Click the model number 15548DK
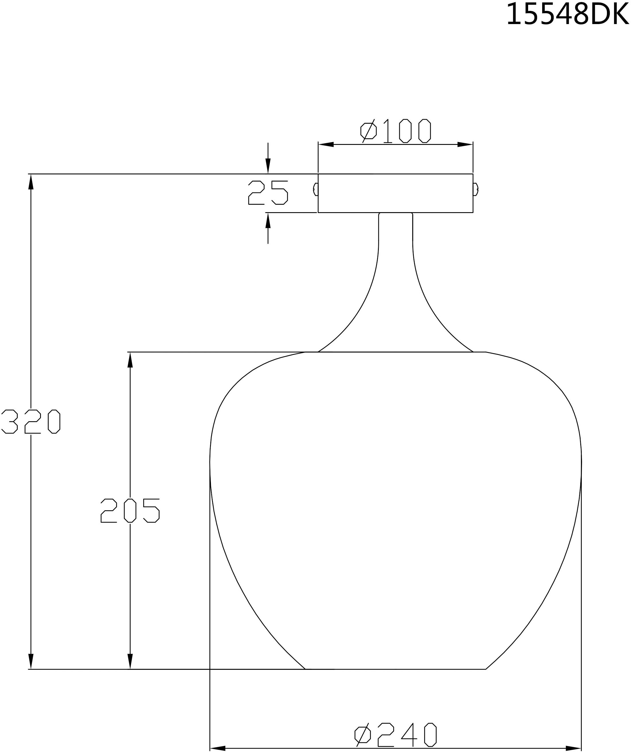point(567,14)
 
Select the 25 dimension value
point(268,193)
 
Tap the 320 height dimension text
point(31,422)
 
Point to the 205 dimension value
point(130,511)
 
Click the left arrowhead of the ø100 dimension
point(326,144)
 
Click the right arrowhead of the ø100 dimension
point(465,144)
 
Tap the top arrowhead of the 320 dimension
point(31,182)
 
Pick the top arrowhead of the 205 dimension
point(130,360)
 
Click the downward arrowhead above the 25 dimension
point(268,166)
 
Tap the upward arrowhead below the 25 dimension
point(268,221)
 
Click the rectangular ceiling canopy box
point(395,193)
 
